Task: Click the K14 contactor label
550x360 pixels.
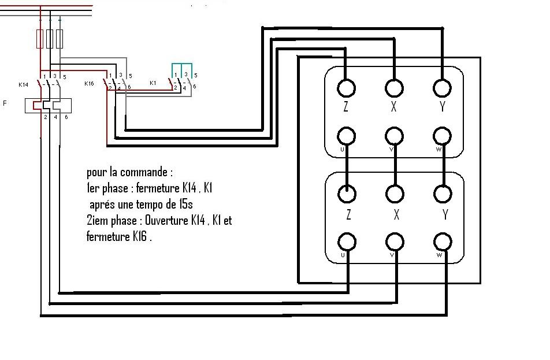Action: click(23, 84)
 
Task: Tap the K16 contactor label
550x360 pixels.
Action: click(89, 84)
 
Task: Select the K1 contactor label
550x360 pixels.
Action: click(153, 83)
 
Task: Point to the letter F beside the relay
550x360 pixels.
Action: click(5, 103)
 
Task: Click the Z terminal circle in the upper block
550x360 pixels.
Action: click(346, 88)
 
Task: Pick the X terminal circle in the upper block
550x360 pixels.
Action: click(395, 88)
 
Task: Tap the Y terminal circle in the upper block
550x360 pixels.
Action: click(443, 88)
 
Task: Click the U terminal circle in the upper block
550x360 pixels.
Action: click(346, 136)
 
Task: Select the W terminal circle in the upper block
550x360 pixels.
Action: click(443, 136)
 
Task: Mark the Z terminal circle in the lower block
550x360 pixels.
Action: click(346, 192)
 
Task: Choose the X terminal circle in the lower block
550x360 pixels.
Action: click(395, 192)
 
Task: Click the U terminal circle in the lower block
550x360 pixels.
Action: click(346, 241)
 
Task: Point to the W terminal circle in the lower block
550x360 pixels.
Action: click(443, 241)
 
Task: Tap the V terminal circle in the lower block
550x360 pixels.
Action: click(395, 241)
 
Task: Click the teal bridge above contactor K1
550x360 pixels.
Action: click(181, 65)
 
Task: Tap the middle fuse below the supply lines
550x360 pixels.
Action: click(50, 39)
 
